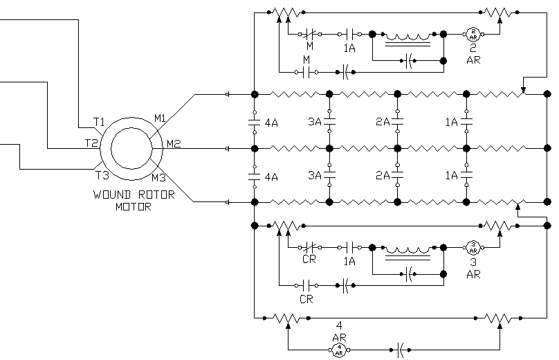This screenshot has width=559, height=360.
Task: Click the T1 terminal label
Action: (x=99, y=123)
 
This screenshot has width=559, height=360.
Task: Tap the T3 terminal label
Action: (x=101, y=174)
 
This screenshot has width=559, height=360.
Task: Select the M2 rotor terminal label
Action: (x=174, y=144)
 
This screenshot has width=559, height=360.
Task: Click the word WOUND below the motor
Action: (x=109, y=195)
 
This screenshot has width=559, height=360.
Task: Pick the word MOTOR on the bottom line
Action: (x=134, y=206)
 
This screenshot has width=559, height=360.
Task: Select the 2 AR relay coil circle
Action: (x=474, y=33)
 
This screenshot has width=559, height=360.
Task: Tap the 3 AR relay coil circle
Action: (x=474, y=246)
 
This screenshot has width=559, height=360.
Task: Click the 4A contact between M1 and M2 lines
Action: (x=255, y=122)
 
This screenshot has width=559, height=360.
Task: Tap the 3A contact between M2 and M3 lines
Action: (x=329, y=175)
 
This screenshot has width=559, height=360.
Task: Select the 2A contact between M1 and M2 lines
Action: (x=397, y=122)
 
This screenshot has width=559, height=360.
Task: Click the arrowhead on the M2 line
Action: (x=228, y=148)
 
